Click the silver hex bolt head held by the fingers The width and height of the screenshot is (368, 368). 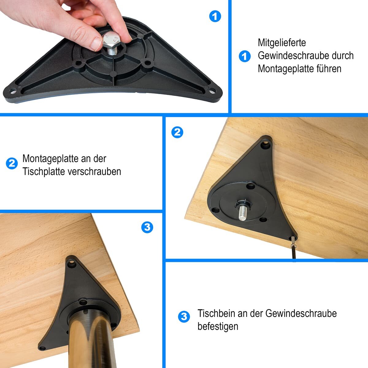[111, 40]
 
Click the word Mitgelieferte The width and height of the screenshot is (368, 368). [282, 43]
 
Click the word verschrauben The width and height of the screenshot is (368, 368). [94, 171]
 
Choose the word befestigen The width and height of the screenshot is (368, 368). [218, 326]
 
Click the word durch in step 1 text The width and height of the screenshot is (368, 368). [343, 56]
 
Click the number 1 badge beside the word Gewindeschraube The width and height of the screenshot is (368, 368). [245, 56]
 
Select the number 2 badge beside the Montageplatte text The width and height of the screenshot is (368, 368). [12, 163]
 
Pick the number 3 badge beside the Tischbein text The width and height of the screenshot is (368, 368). [184, 316]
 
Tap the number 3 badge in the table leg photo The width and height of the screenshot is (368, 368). [147, 227]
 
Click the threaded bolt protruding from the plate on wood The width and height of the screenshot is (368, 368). [243, 213]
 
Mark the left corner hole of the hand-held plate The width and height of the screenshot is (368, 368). [13, 92]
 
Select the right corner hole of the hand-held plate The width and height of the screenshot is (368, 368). [212, 92]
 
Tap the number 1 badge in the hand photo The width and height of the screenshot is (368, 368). [215, 16]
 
